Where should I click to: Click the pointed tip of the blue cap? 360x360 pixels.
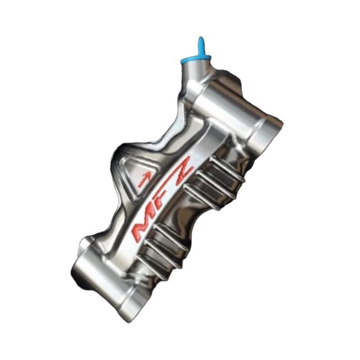pyautogui.click(x=200, y=38)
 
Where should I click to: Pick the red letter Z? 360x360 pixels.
pyautogui.click(x=181, y=170)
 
